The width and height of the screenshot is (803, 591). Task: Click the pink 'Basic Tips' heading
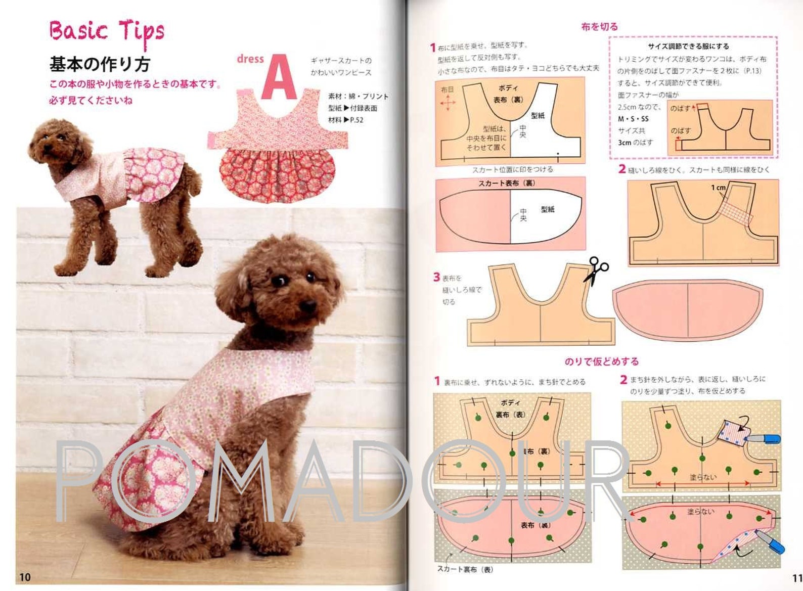click(106, 31)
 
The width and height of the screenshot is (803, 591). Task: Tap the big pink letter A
click(279, 77)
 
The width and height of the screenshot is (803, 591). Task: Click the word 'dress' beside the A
click(250, 59)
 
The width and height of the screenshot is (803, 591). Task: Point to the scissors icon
click(597, 270)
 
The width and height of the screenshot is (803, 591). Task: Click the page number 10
click(25, 577)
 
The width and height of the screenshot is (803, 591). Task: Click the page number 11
click(797, 578)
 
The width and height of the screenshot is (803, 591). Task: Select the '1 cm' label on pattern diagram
click(718, 188)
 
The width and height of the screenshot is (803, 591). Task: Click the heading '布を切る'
click(599, 27)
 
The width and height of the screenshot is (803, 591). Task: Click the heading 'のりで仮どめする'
click(602, 361)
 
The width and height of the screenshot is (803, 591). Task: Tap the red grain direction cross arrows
click(448, 103)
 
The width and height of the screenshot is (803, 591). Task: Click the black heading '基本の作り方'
click(100, 64)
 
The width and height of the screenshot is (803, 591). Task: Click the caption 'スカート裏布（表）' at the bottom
click(465, 569)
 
